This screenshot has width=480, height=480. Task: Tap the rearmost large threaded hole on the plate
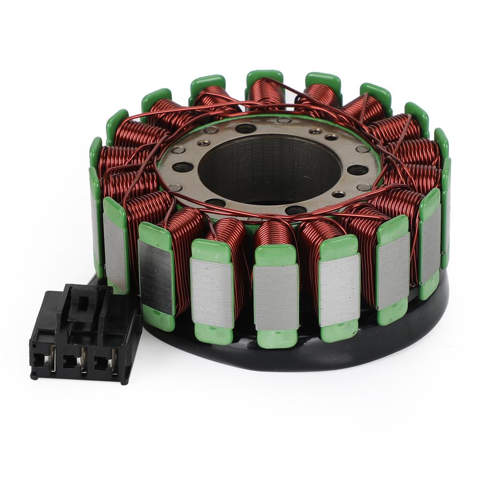click(x=245, y=128)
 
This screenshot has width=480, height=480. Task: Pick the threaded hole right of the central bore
click(x=357, y=170)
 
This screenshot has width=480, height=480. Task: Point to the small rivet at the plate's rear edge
click(x=284, y=121)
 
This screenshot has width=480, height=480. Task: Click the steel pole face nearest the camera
click(x=276, y=296)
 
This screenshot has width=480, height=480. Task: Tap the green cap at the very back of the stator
click(x=265, y=77)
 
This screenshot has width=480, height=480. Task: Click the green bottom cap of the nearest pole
click(x=277, y=338)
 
